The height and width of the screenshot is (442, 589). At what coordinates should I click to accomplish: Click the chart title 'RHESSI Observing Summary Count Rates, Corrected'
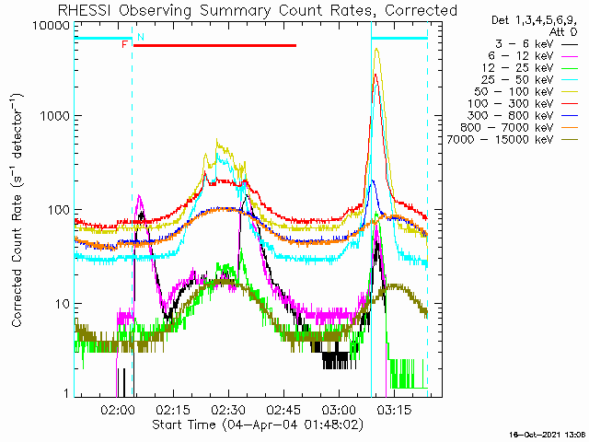point(258,10)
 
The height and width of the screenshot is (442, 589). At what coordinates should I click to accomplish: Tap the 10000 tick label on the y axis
point(52,26)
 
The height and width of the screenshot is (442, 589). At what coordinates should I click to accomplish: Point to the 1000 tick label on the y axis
point(55,116)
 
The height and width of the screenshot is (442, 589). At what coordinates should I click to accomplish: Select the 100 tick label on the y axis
point(59,210)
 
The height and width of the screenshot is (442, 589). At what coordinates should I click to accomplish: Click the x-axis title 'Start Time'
point(184,425)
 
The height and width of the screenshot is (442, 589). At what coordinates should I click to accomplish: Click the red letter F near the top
point(125,45)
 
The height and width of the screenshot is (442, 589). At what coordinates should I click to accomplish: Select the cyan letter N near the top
point(141,37)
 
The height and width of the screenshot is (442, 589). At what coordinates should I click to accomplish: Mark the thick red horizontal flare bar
point(214,45)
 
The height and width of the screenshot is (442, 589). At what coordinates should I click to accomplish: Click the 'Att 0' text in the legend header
point(563,32)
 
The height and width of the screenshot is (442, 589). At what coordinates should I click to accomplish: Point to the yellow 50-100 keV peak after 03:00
point(376,49)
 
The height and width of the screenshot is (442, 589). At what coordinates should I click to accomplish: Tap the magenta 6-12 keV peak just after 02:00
point(139,195)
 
